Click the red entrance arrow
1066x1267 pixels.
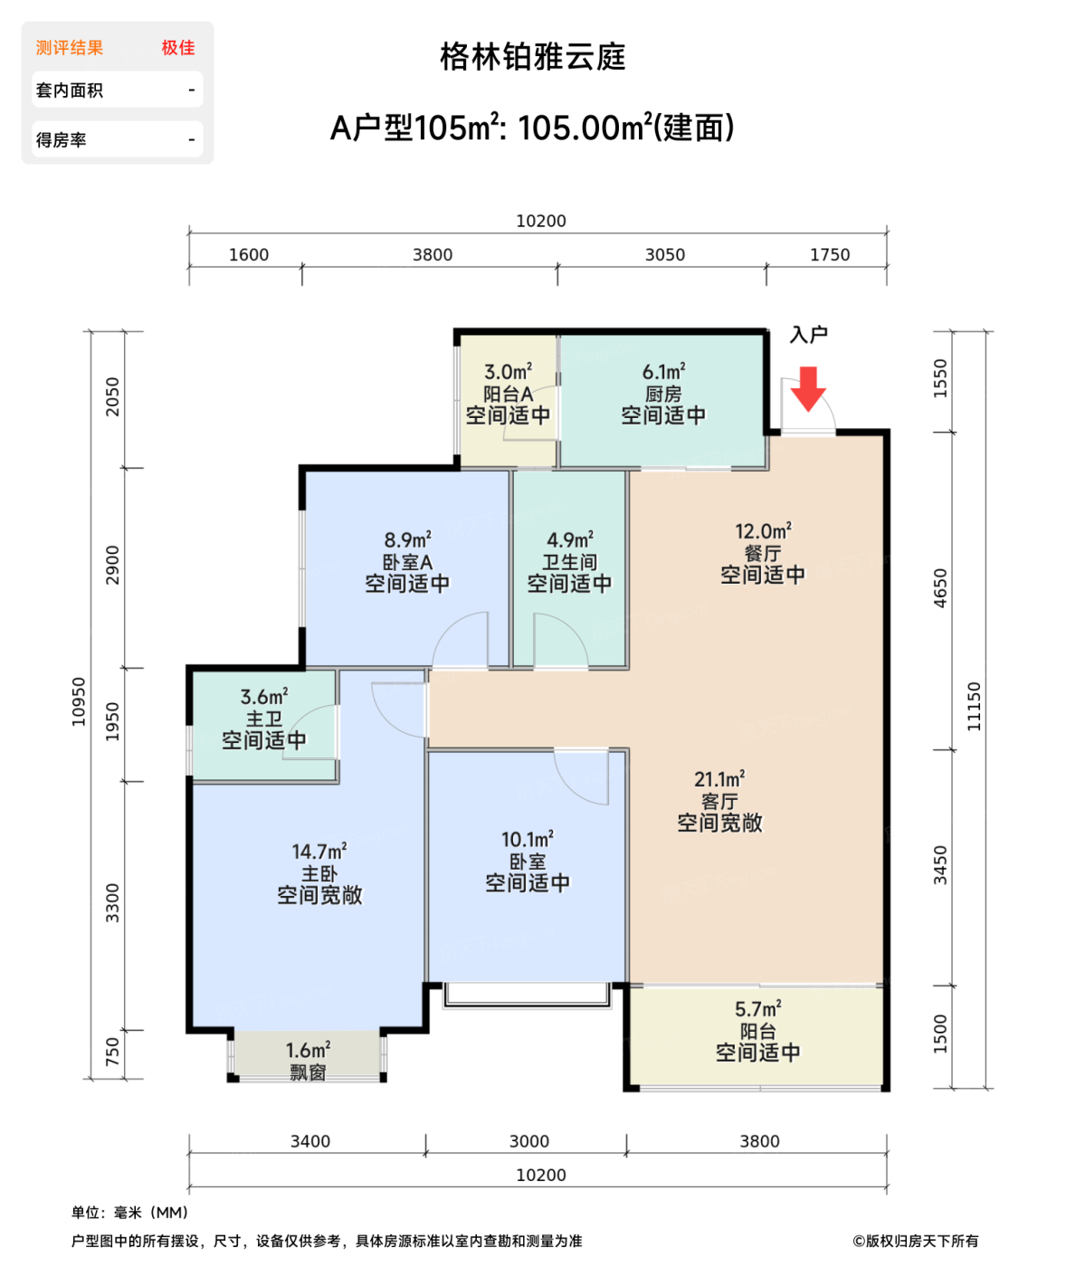807,388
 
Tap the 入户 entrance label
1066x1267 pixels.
808,334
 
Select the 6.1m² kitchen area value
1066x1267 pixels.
663,371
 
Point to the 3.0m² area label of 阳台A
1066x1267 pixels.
508,371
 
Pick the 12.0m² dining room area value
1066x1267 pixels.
763,531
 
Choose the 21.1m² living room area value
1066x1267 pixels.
719,778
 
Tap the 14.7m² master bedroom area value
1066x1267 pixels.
319,852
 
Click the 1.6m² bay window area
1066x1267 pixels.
309,1050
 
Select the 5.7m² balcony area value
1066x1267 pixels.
757,1008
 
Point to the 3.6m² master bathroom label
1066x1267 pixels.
264,697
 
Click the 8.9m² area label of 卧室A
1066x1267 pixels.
408,539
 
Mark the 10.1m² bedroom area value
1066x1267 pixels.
528,839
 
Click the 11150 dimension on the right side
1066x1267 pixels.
973,706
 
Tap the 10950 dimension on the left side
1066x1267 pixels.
78,701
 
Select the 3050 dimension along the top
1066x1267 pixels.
665,254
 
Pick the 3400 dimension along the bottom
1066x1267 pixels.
310,1141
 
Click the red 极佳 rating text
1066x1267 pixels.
178,47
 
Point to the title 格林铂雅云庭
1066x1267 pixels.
533,57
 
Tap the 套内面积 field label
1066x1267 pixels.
70,90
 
